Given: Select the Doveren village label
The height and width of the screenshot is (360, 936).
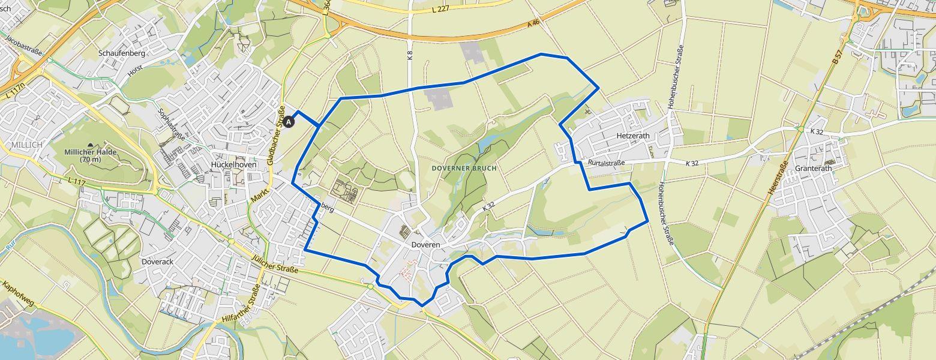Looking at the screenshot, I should pyautogui.click(x=425, y=245).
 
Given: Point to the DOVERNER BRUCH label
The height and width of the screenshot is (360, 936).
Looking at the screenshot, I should pyautogui.click(x=464, y=169).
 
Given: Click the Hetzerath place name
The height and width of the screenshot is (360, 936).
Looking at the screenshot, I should pyautogui.click(x=633, y=136).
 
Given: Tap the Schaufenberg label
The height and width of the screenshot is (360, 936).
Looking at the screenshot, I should pyautogui.click(x=122, y=53).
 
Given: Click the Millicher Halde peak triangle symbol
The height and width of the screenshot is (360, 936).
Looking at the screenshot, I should pyautogui.click(x=91, y=145).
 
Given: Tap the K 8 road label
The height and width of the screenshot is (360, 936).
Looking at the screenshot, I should pyautogui.click(x=410, y=56).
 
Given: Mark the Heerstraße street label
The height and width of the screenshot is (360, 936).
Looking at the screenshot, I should pyautogui.click(x=778, y=179).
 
